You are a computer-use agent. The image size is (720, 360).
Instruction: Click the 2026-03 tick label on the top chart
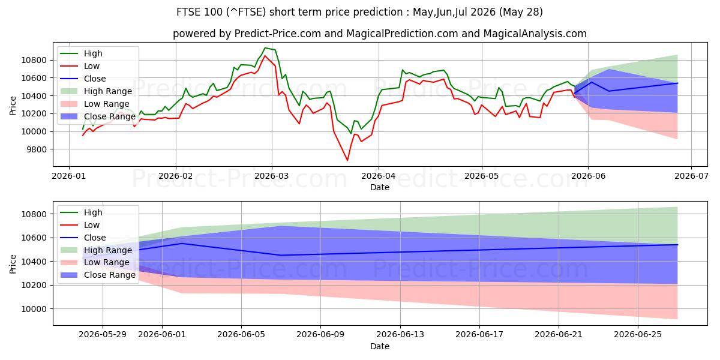click(272, 176)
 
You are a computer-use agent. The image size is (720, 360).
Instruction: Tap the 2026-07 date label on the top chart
click(691, 176)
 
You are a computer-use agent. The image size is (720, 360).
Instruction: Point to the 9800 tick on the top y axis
click(34, 149)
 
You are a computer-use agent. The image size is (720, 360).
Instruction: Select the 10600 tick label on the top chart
click(34, 78)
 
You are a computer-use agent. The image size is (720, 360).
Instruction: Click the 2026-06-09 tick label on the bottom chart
click(320, 334)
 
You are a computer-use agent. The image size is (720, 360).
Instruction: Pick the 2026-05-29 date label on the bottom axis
click(103, 334)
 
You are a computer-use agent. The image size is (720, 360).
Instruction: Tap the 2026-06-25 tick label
click(638, 334)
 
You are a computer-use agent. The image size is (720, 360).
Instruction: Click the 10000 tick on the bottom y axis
click(34, 309)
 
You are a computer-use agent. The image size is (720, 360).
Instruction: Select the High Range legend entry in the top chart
click(97, 91)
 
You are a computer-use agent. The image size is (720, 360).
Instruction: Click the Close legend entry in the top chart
click(83, 79)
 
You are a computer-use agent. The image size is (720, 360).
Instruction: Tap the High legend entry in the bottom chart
click(82, 212)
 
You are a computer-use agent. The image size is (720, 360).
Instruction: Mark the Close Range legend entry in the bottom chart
click(98, 275)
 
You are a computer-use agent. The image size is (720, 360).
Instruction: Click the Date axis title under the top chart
click(380, 187)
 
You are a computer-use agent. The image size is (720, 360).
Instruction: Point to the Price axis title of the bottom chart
click(13, 264)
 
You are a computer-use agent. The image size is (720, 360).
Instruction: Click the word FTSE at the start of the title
click(188, 12)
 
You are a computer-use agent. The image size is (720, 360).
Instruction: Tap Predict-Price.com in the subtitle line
click(277, 34)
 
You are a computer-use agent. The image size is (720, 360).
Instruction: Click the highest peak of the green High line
click(265, 48)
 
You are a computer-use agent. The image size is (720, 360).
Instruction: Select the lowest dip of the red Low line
click(347, 160)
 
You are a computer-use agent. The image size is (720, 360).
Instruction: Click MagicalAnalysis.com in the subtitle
click(535, 34)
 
